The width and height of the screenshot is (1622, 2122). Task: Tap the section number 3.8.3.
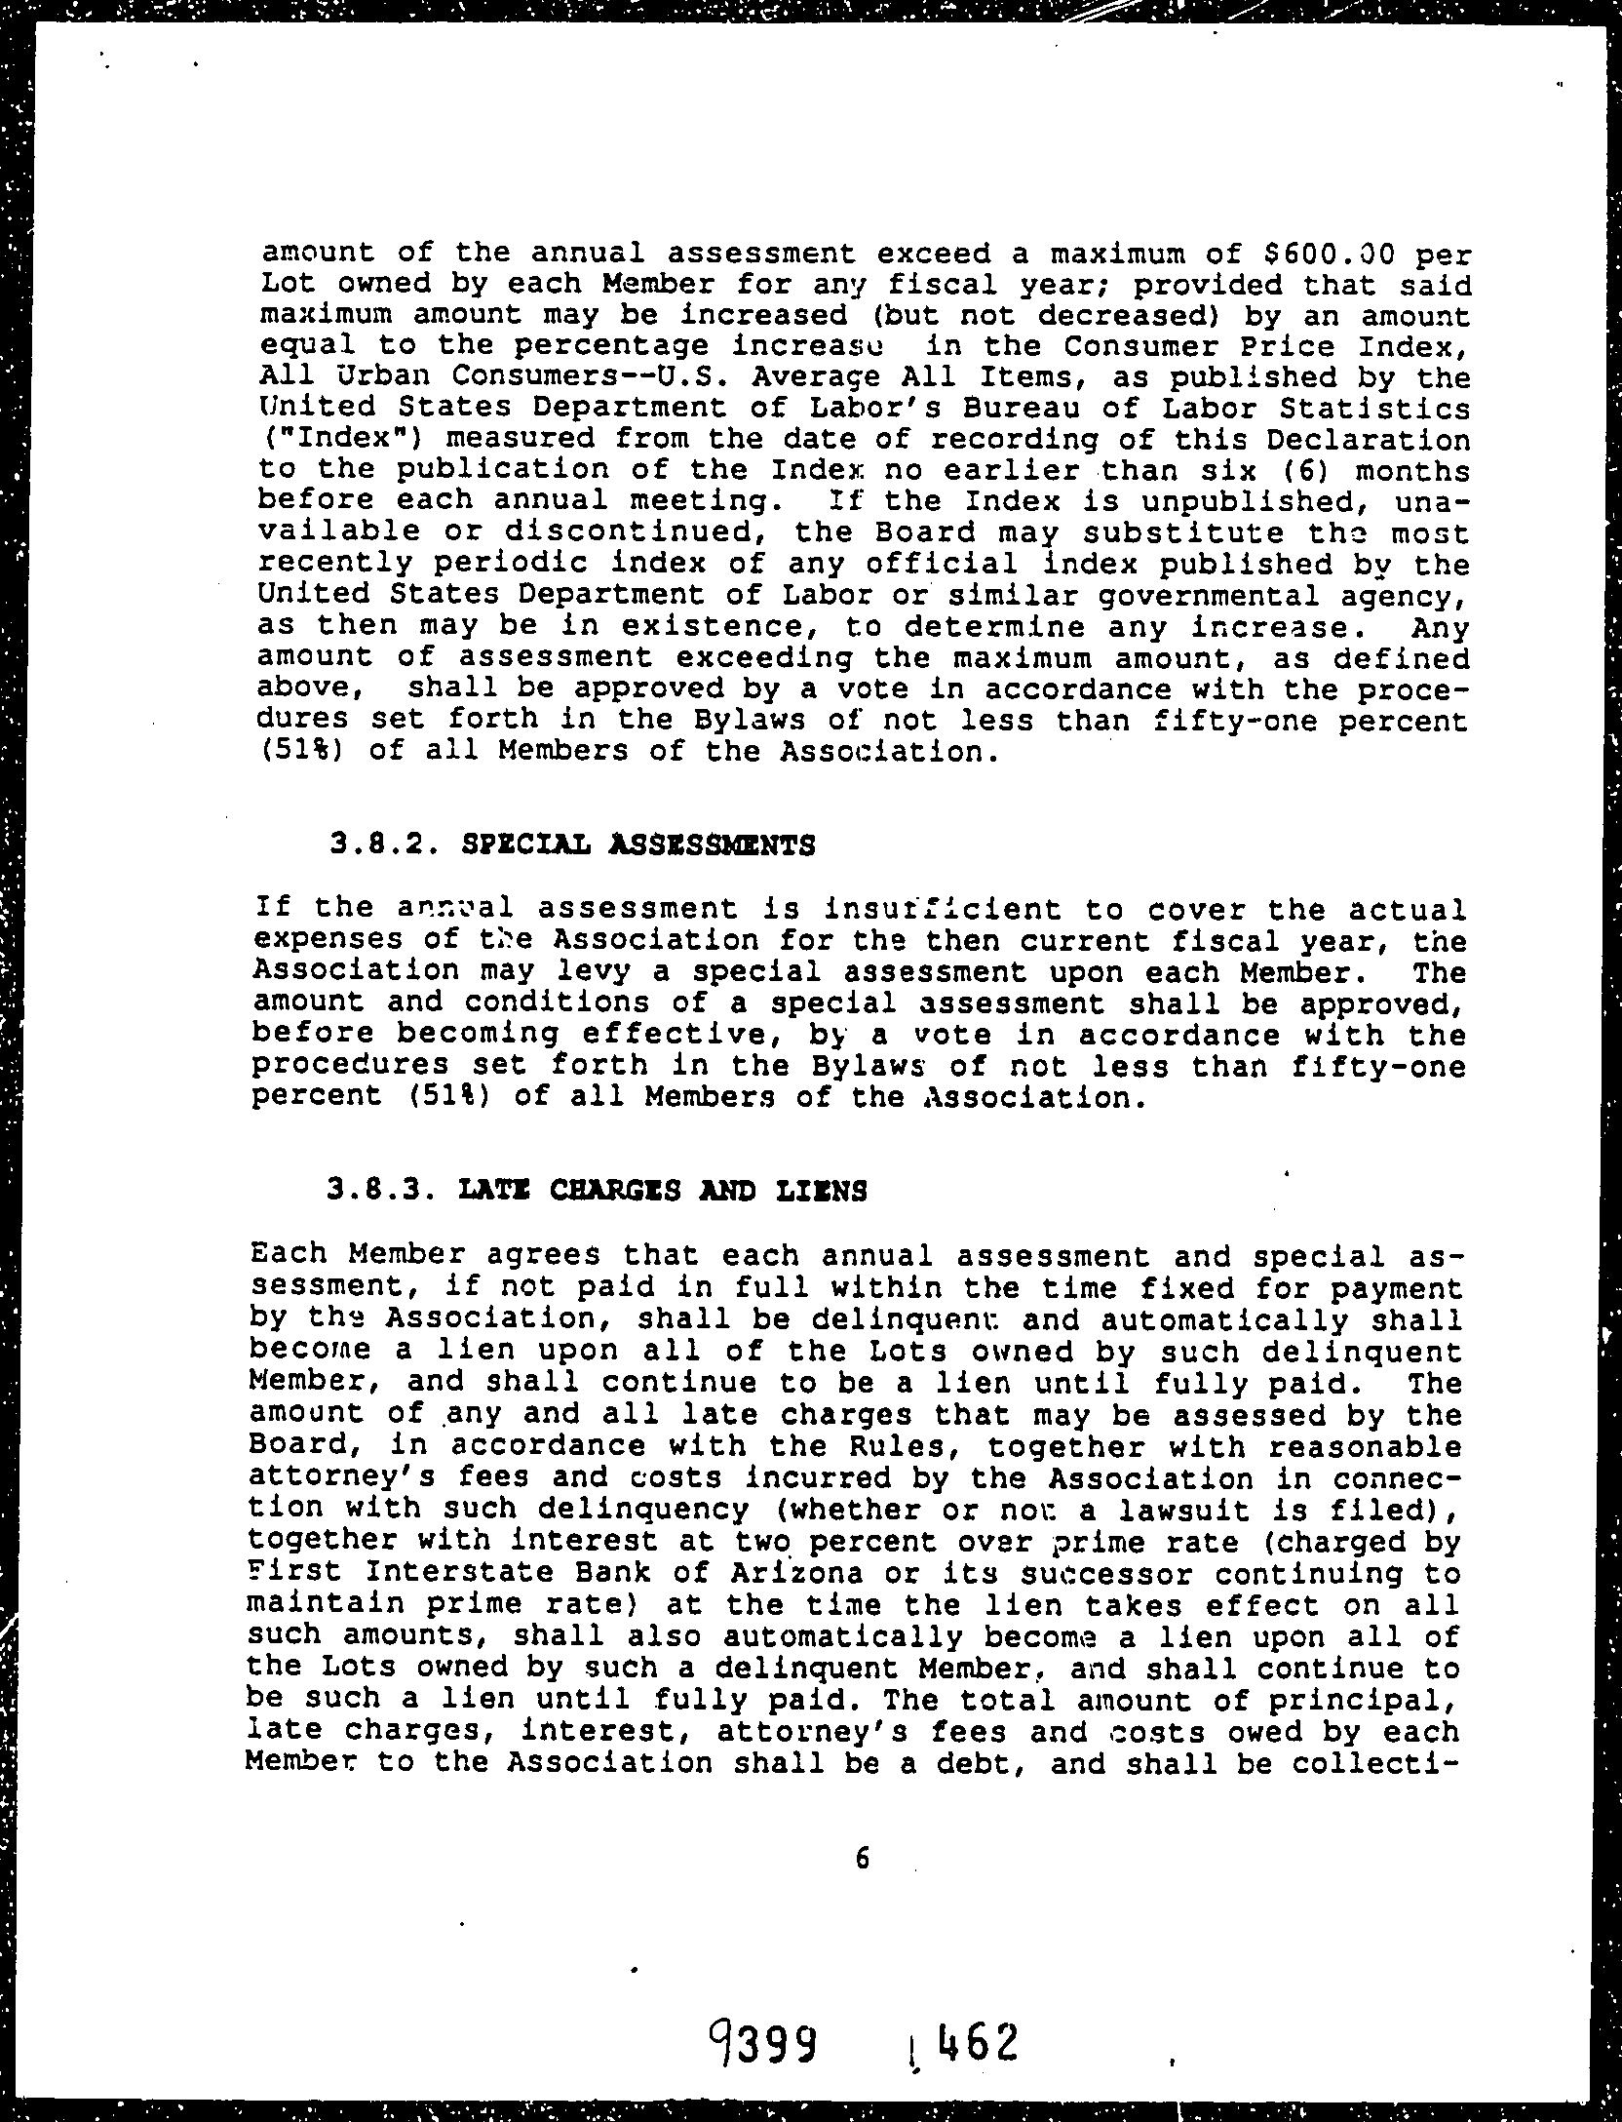click(x=379, y=1191)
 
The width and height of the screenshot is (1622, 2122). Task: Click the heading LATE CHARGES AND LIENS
click(x=662, y=1191)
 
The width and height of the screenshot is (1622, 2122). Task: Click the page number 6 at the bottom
click(x=862, y=1859)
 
